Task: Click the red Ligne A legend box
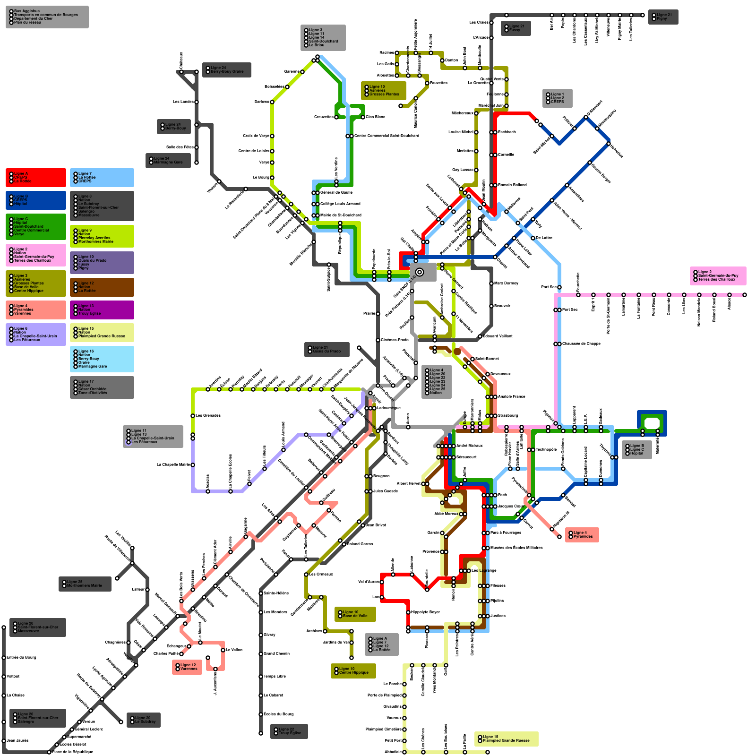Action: click(x=36, y=178)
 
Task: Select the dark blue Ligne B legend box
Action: click(x=36, y=200)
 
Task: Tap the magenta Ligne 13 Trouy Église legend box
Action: click(x=102, y=310)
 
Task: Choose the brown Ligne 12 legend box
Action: click(x=102, y=287)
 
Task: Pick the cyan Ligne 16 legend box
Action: click(x=102, y=359)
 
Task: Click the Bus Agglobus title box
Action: click(x=47, y=17)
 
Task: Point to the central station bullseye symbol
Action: click(x=419, y=272)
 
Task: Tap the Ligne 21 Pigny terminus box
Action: click(x=663, y=17)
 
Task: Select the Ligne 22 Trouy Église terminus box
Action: click(x=289, y=731)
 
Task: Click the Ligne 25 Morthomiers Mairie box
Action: click(x=85, y=584)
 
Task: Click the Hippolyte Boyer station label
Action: click(x=425, y=612)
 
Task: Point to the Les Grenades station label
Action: click(x=208, y=416)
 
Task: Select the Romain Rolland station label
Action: click(x=512, y=185)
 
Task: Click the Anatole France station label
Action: click(x=511, y=397)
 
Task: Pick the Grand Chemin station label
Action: click(x=276, y=654)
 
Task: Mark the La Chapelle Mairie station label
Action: click(x=173, y=465)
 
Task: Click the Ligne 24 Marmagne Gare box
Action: click(x=168, y=161)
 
